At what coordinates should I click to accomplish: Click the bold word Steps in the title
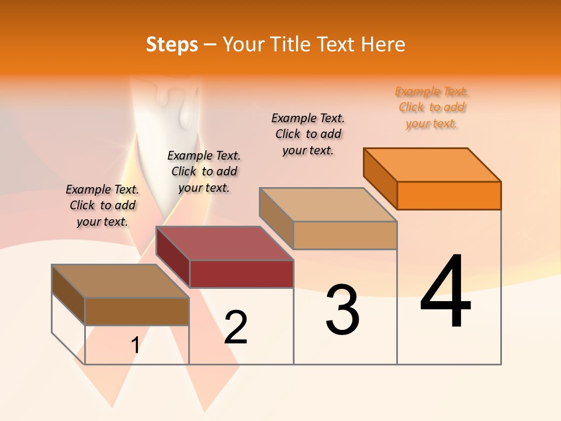click(x=172, y=44)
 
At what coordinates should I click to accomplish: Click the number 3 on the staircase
click(x=342, y=309)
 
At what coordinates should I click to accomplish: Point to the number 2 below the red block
click(x=236, y=327)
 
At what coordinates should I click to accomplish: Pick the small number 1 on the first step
click(x=135, y=346)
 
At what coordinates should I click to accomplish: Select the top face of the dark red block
click(x=224, y=243)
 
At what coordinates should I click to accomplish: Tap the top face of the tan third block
click(x=328, y=205)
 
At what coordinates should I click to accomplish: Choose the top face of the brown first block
click(x=120, y=281)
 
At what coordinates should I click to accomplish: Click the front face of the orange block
click(x=449, y=195)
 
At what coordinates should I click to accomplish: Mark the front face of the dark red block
click(x=241, y=274)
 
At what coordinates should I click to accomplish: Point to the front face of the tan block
click(x=345, y=235)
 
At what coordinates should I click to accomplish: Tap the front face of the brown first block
click(x=137, y=311)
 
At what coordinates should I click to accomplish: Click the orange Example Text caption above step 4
click(x=431, y=108)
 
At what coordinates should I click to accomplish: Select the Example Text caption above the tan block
click(x=308, y=134)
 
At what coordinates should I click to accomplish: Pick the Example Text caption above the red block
click(x=204, y=171)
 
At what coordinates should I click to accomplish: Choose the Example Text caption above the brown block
click(x=102, y=205)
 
